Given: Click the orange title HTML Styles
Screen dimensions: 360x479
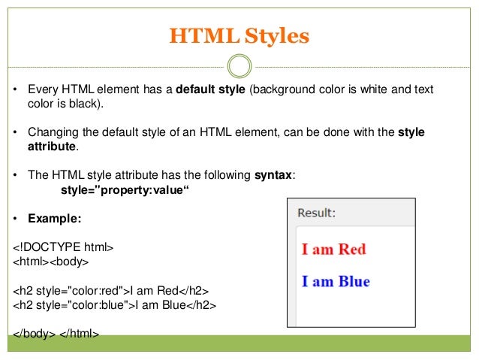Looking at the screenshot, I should point(239,35).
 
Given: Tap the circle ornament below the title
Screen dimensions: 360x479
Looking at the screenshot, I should point(239,66).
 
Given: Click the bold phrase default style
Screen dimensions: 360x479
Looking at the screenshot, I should point(211,89).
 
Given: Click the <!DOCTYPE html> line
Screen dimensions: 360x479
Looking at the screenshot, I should point(63,247).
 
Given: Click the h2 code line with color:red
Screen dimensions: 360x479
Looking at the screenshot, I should point(111,289).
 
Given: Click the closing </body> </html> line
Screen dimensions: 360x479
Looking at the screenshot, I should point(56,333).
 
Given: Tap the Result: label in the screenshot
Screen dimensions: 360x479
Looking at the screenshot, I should point(317,213).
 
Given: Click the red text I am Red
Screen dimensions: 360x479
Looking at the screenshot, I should point(333,249).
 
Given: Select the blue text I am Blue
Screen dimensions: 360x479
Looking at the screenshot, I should point(336,282).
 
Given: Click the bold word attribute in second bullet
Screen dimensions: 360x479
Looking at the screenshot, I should point(52,146).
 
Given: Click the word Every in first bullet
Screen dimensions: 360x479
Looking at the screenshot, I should point(43,89).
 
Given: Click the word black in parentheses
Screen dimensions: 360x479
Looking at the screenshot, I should point(77,103).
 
